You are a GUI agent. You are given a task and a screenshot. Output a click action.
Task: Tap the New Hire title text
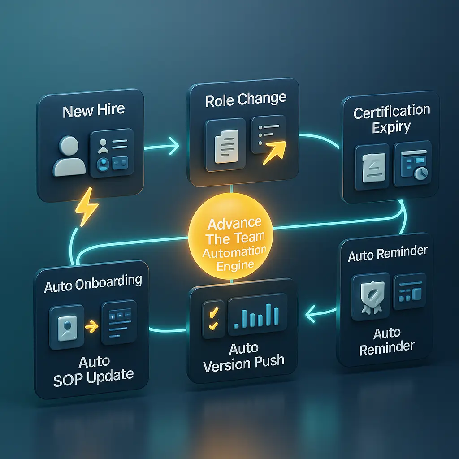pos(94,111)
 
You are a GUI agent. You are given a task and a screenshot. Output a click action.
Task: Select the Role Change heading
pos(246,100)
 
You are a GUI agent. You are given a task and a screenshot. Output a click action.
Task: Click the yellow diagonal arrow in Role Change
pos(274,152)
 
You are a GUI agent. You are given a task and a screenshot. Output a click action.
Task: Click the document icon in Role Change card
pos(226,146)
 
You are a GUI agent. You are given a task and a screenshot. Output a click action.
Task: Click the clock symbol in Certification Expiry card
pos(421,173)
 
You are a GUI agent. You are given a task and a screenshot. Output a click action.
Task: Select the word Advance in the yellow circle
pos(234,224)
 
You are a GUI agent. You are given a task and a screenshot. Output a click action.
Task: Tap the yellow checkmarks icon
pos(214,319)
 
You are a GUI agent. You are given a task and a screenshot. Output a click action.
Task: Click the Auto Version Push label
pos(243,357)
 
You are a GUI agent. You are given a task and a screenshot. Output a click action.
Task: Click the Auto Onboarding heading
pos(93,283)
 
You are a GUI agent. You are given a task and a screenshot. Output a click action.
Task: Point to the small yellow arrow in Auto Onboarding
pos(91,326)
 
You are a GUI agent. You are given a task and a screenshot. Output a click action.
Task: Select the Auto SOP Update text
pos(94,370)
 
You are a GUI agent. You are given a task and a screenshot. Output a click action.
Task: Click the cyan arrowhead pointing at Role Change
pos(174,145)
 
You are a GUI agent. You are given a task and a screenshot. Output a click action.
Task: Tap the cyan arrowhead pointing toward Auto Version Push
pos(310,314)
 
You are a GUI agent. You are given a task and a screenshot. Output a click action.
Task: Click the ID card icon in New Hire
pos(112,153)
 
